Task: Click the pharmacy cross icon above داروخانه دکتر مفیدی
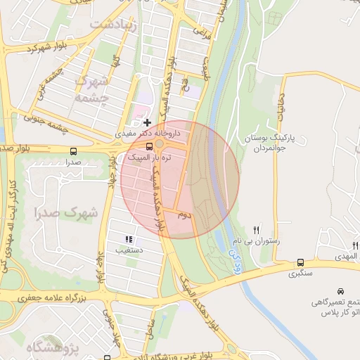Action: click(x=147, y=122)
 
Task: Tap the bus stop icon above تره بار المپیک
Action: click(x=149, y=147)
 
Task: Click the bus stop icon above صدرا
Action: click(x=74, y=151)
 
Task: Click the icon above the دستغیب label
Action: click(x=129, y=239)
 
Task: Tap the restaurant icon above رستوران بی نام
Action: click(x=257, y=230)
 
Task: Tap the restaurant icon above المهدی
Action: click(x=356, y=245)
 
